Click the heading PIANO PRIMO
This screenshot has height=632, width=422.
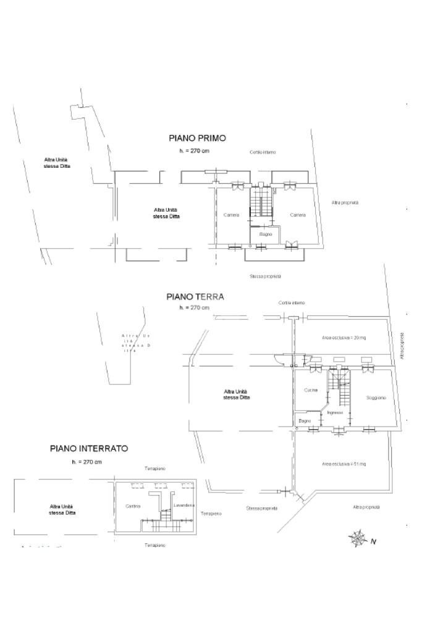pyautogui.click(x=197, y=138)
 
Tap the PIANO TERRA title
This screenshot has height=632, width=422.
pyautogui.click(x=195, y=297)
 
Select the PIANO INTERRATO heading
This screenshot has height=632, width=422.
pyautogui.click(x=89, y=449)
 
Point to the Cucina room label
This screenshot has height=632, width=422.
pyautogui.click(x=311, y=390)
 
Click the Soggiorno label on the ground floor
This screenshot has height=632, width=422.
pyautogui.click(x=376, y=398)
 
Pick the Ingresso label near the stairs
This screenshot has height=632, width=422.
pyautogui.click(x=335, y=412)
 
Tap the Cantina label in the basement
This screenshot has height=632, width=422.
pyautogui.click(x=133, y=506)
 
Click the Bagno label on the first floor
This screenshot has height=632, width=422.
pyautogui.click(x=266, y=235)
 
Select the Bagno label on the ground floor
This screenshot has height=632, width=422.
pyautogui.click(x=305, y=420)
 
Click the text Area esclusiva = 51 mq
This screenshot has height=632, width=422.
pyautogui.click(x=344, y=464)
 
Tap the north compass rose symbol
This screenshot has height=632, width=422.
pyautogui.click(x=358, y=538)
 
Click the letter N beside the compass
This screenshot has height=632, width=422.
pyautogui.click(x=373, y=542)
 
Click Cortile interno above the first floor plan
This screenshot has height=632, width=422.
pyautogui.click(x=263, y=152)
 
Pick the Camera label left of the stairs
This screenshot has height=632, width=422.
pyautogui.click(x=232, y=215)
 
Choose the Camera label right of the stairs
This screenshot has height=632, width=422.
pyautogui.click(x=298, y=215)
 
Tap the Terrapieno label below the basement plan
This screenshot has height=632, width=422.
pyautogui.click(x=155, y=545)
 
